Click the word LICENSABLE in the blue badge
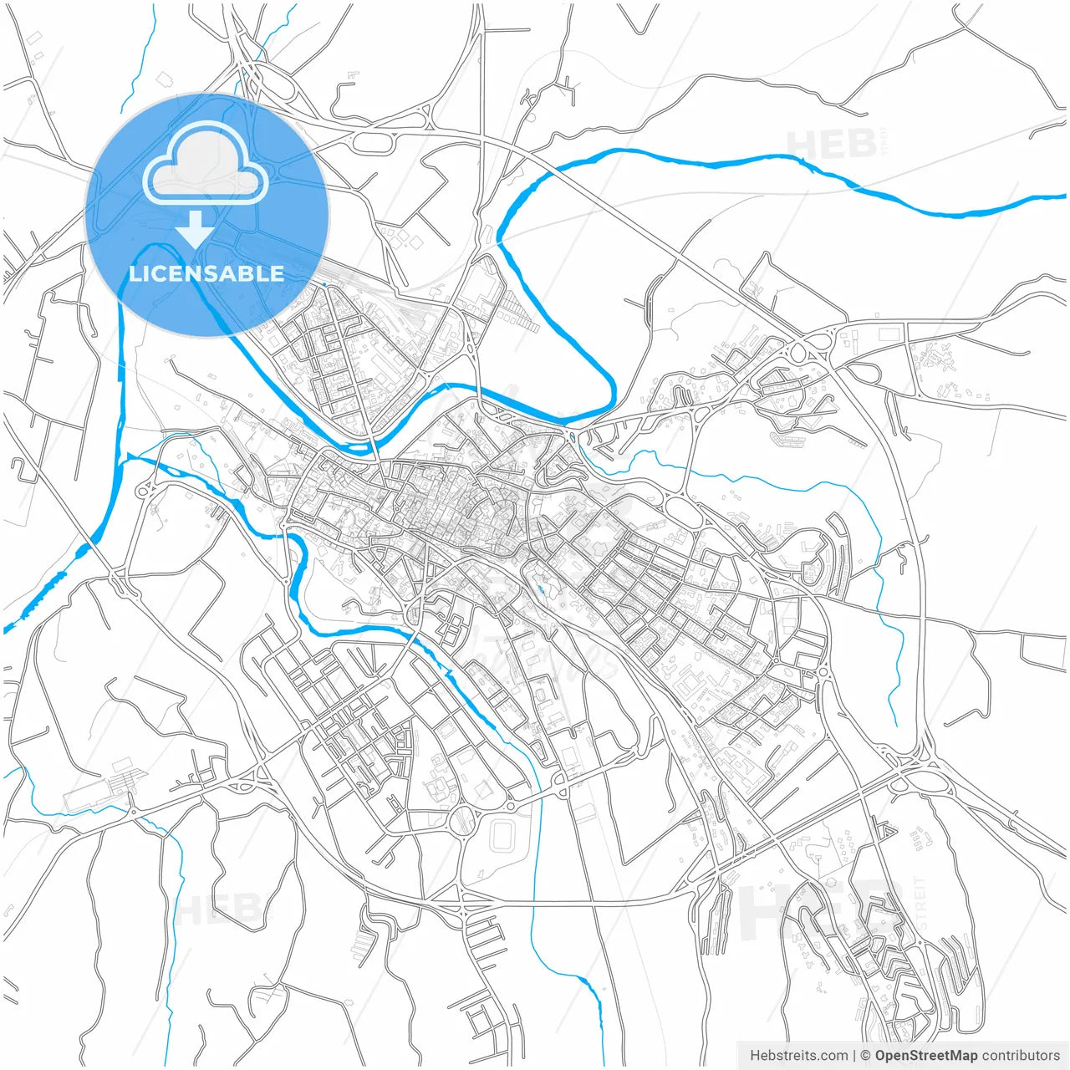(x=206, y=273)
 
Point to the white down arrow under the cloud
(x=196, y=229)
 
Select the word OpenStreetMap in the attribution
(x=925, y=1056)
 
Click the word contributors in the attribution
(x=1020, y=1056)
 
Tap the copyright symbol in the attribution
(x=866, y=1056)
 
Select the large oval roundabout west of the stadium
(x=461, y=822)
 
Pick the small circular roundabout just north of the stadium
(x=509, y=806)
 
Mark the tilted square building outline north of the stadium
(x=484, y=788)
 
